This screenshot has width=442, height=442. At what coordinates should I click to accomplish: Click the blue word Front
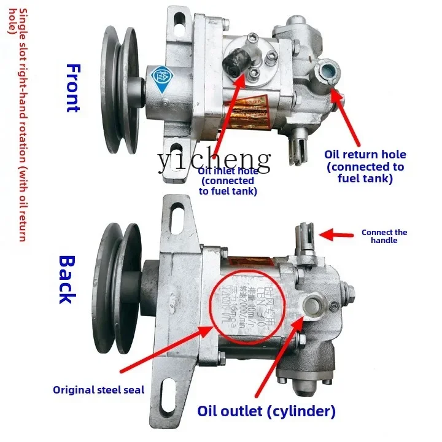[72, 88]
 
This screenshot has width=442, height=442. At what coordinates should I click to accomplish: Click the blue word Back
[67, 279]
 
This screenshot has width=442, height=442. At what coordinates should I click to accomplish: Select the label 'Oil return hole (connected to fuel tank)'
[366, 166]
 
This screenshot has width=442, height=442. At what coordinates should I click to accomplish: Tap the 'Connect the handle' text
[384, 236]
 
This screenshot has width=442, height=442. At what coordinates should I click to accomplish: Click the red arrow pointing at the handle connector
[337, 234]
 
